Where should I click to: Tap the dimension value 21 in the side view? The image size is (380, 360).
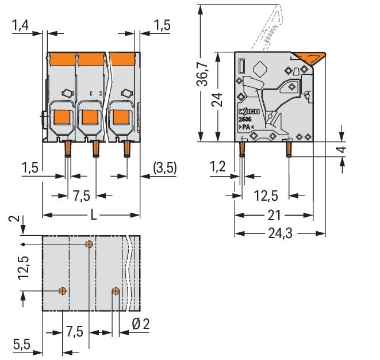(x=275, y=216)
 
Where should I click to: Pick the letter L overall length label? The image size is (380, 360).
(x=93, y=216)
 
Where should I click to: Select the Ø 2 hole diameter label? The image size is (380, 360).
(x=140, y=324)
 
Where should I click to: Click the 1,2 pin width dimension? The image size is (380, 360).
(x=217, y=167)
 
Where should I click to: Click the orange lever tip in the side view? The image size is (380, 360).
(x=313, y=57)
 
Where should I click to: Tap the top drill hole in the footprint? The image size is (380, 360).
(x=89, y=244)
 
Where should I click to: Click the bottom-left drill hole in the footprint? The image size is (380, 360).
(x=63, y=290)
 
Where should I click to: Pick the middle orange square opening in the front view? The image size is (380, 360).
(x=89, y=117)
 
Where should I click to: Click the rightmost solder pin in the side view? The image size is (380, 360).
(x=288, y=148)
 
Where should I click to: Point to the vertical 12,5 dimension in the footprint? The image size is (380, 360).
(x=23, y=267)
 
